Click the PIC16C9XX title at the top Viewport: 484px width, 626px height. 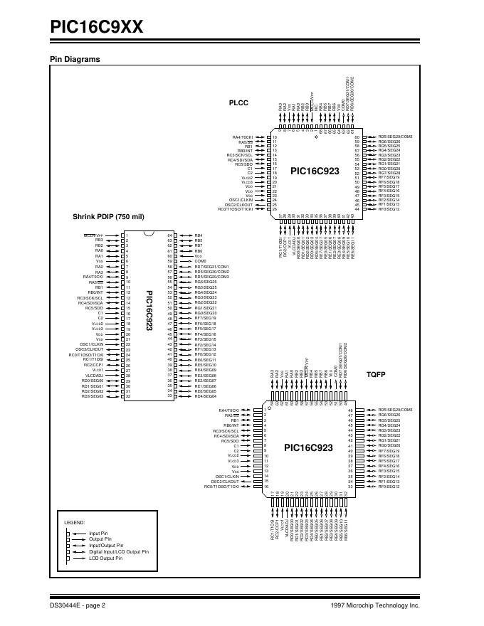[x=97, y=26]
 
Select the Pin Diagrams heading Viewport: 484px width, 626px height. [x=74, y=59]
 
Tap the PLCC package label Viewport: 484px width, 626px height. [x=238, y=103]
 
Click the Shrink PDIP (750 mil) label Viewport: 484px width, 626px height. [x=108, y=216]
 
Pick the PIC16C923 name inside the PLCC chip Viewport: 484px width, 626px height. [x=315, y=171]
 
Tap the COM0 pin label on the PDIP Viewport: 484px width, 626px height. [x=200, y=261]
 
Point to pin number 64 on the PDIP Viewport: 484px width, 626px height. [x=170, y=235]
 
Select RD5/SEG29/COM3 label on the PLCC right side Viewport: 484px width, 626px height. [x=400, y=137]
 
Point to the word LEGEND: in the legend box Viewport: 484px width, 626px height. [x=75, y=522]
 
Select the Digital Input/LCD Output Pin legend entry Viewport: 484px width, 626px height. [x=118, y=551]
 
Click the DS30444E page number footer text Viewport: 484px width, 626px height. [x=78, y=606]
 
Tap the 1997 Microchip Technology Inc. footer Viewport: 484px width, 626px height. [x=376, y=606]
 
